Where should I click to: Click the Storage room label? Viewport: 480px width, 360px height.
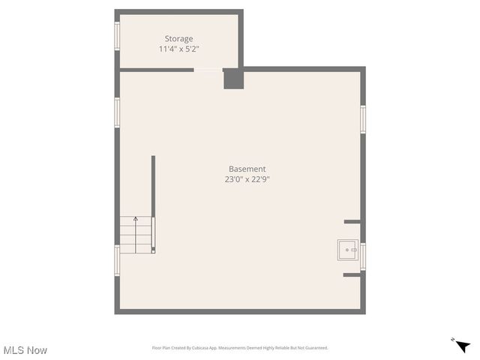click(178, 39)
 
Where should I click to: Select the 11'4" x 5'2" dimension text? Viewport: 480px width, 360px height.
click(178, 49)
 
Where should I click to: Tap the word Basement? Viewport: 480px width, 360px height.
click(247, 169)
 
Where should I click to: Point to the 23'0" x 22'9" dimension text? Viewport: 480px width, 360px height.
click(247, 180)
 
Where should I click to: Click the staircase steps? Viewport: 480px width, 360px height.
click(136, 235)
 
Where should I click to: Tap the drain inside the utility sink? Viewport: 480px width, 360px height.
click(347, 250)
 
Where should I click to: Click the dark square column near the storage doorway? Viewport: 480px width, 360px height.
click(233, 79)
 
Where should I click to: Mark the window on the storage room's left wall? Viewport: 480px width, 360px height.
click(117, 35)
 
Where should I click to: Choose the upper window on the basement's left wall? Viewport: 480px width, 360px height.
click(117, 112)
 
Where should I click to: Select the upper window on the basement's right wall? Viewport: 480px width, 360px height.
click(363, 119)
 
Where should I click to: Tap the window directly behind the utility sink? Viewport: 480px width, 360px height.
click(363, 256)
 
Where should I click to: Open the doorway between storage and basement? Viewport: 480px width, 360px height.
click(208, 70)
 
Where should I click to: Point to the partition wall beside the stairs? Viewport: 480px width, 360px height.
click(153, 202)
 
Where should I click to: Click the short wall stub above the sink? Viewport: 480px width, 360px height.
click(352, 222)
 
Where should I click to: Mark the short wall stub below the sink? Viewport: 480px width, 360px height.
click(352, 275)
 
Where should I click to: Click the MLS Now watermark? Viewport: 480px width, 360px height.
click(25, 350)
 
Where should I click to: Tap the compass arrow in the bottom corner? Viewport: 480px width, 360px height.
click(463, 345)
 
